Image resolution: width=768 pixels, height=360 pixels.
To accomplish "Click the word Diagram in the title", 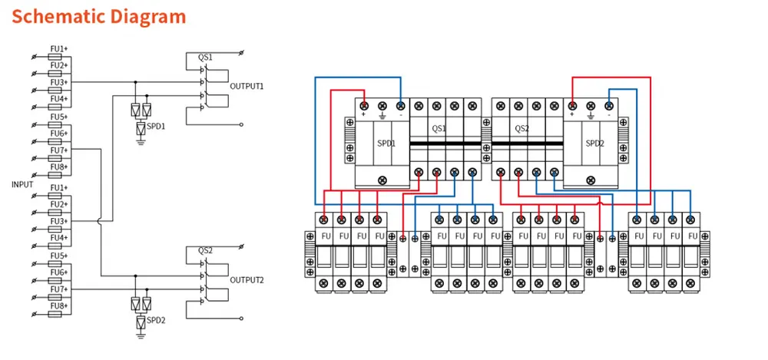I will tap(148, 16).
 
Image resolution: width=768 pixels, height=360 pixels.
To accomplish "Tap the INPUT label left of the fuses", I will tap(22, 184).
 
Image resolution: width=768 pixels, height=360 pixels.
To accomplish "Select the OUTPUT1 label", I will tap(247, 87).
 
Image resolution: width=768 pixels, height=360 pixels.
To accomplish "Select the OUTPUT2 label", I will tap(247, 280).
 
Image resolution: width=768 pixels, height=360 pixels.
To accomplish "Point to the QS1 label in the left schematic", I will tap(205, 58).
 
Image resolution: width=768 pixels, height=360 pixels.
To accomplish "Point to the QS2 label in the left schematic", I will tap(205, 251).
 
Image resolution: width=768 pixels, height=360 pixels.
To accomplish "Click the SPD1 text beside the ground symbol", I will tap(157, 125).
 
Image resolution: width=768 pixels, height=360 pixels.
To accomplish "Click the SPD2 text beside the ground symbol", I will tap(157, 319).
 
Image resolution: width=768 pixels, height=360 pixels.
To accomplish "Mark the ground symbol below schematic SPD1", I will tap(141, 140).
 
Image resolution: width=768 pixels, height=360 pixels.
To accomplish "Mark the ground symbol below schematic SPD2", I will tap(141, 334).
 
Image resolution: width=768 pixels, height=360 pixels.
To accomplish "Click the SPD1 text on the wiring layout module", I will tap(386, 143).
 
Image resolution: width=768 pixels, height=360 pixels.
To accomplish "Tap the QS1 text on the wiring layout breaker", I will tap(439, 128).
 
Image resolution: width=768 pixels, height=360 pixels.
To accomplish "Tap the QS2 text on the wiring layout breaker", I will tap(521, 128).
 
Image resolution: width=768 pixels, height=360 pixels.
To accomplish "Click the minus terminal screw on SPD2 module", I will tap(609, 106).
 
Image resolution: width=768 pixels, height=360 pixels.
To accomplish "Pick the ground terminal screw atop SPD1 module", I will tap(382, 106).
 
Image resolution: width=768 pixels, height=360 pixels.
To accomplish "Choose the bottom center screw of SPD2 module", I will tap(590, 180).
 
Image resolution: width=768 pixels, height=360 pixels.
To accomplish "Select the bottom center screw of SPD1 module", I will tap(382, 180).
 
